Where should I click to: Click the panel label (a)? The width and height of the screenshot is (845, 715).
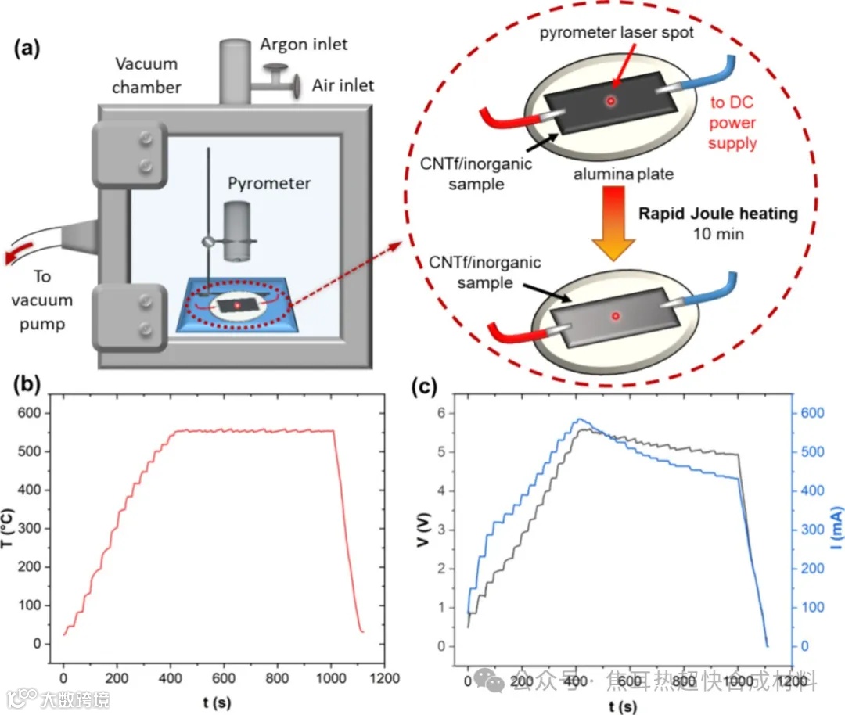[27, 49]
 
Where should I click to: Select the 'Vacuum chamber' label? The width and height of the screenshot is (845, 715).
[146, 74]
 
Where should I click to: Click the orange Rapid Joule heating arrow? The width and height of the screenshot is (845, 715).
[613, 227]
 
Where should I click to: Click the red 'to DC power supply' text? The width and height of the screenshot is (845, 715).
[732, 123]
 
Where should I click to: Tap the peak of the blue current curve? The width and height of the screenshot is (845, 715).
[580, 419]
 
